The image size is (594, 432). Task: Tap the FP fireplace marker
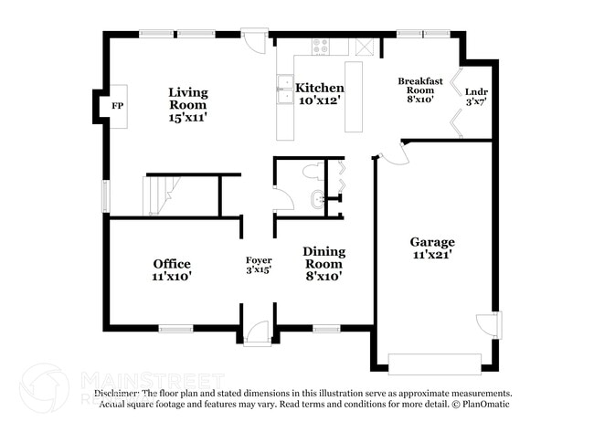pyautogui.click(x=116, y=107)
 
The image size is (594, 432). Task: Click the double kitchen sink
pyautogui.click(x=284, y=89)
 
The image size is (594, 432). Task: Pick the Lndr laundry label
pyautogui.click(x=475, y=92)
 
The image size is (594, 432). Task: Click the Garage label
pyautogui.click(x=432, y=242)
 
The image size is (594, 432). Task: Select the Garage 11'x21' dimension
pyautogui.click(x=432, y=256)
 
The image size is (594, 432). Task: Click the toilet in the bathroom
pyautogui.click(x=312, y=170)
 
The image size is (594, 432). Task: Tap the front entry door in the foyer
pyautogui.click(x=259, y=333)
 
